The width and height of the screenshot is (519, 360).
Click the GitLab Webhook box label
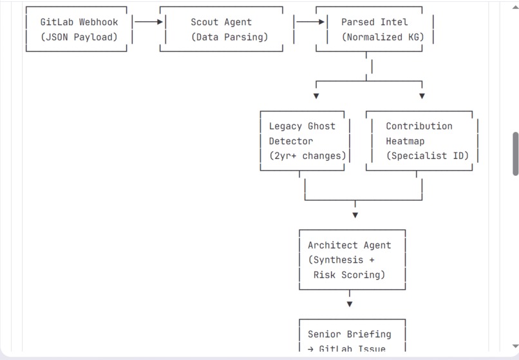click(x=79, y=22)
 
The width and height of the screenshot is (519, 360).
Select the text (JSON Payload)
click(x=79, y=37)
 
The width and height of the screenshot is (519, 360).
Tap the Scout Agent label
click(x=221, y=22)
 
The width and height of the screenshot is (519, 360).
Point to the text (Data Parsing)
click(x=229, y=37)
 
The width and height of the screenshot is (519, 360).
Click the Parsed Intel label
click(x=374, y=22)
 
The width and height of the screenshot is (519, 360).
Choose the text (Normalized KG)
click(x=382, y=37)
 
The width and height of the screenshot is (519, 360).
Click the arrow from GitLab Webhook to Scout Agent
click(x=148, y=22)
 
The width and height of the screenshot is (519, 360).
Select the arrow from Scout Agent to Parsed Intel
click(x=310, y=22)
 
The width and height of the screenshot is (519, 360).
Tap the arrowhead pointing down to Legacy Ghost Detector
click(x=316, y=96)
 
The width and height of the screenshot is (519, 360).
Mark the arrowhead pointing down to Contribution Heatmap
click(x=422, y=96)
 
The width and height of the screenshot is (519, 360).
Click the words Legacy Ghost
click(x=302, y=126)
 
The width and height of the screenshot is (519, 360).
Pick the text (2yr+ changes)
click(x=307, y=156)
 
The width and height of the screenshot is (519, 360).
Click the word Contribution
click(x=419, y=126)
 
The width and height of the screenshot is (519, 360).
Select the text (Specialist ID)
click(x=427, y=156)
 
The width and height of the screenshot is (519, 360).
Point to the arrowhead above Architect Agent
click(x=355, y=215)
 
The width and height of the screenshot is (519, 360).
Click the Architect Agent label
click(x=349, y=245)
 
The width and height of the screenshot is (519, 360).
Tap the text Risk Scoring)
click(x=349, y=275)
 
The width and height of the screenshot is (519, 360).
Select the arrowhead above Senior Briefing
click(x=350, y=304)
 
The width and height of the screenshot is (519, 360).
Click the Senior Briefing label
click(x=349, y=334)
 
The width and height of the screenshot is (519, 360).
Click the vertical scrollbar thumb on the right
click(x=515, y=154)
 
